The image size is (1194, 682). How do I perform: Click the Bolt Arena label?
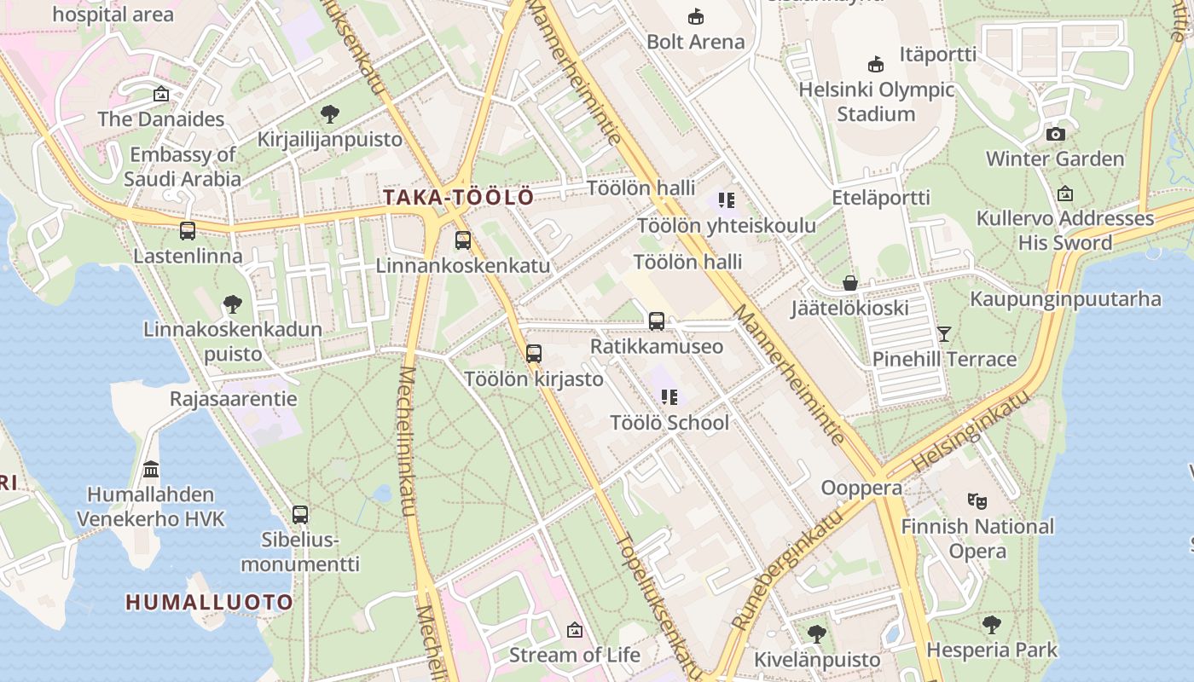click(x=695, y=42)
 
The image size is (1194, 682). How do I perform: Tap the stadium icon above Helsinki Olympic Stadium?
click(x=876, y=64)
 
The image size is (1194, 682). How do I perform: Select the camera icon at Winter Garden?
click(x=1055, y=134)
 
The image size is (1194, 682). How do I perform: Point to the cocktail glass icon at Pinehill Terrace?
click(x=944, y=333)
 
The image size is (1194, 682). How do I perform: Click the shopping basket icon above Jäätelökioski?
click(x=849, y=282)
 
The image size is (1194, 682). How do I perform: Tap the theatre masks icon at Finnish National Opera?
click(x=977, y=500)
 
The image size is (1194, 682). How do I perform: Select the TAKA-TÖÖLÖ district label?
click(x=458, y=198)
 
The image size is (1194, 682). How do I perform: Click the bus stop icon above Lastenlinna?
click(x=188, y=230)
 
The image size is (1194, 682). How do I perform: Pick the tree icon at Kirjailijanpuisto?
click(x=330, y=114)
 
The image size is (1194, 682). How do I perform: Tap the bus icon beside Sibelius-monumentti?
click(x=300, y=514)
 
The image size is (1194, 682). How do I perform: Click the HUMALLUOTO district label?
click(x=210, y=602)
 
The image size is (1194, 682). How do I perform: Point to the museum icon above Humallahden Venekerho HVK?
click(x=152, y=469)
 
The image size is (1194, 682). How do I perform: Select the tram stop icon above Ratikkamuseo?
click(x=657, y=321)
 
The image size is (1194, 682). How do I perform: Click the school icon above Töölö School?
click(x=669, y=396)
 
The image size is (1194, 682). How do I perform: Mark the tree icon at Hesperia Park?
click(x=991, y=625)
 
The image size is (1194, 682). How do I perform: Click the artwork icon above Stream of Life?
click(x=574, y=630)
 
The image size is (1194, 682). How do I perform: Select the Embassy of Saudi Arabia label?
click(x=183, y=167)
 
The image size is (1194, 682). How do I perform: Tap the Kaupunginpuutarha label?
click(x=1065, y=299)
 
